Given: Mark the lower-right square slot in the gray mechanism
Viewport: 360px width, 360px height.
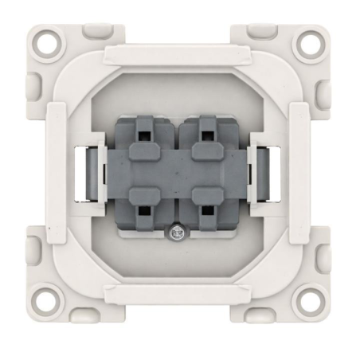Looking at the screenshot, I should [207, 212].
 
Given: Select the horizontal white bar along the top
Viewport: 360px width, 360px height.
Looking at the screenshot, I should [180, 57].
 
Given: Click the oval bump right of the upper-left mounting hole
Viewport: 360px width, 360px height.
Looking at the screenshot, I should [95, 32].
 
